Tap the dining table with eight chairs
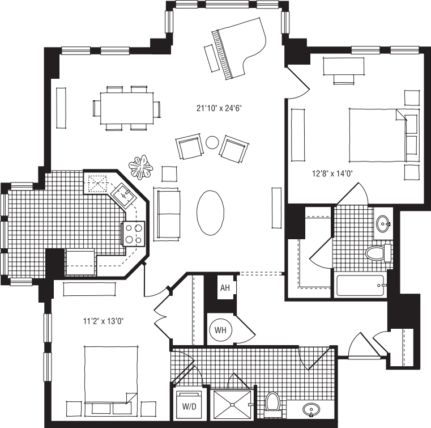pyautogui.click(x=126, y=108)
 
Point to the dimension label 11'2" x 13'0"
pyautogui.click(x=102, y=321)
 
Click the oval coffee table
pyautogui.click(x=211, y=211)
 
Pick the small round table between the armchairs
pyautogui.click(x=212, y=142)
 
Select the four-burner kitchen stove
pyautogui.click(x=133, y=233)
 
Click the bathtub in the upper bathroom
pyautogui.click(x=361, y=285)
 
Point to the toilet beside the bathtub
pyautogui.click(x=377, y=251)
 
